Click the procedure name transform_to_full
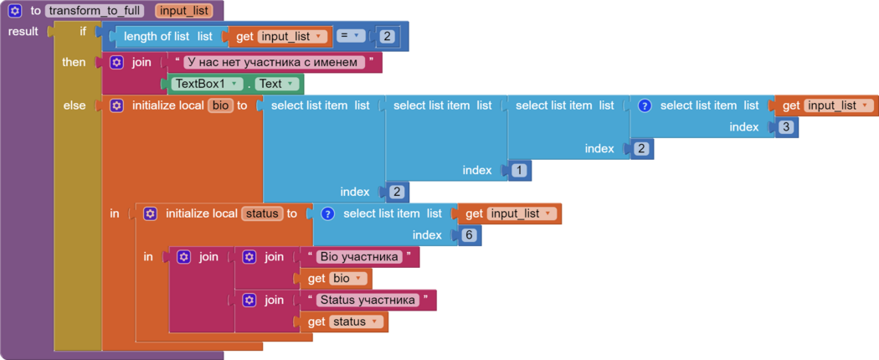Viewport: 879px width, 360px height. [98, 11]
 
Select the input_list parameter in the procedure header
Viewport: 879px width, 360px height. [183, 11]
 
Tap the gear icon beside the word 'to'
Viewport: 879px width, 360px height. [15, 11]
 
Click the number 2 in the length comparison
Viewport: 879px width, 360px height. [386, 36]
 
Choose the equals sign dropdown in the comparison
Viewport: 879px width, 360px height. [351, 36]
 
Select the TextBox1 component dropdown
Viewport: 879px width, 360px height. [207, 84]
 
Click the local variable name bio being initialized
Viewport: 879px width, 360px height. [218, 105]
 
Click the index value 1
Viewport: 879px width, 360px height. [518, 170]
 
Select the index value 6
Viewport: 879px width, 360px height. [469, 235]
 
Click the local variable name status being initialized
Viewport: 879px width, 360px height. [261, 213]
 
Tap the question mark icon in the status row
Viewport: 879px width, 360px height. [327, 213]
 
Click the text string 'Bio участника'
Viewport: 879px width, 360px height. [359, 257]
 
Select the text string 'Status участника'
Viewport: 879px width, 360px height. [368, 300]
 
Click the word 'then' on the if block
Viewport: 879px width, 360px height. [74, 62]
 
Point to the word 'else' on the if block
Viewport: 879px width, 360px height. [74, 105]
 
